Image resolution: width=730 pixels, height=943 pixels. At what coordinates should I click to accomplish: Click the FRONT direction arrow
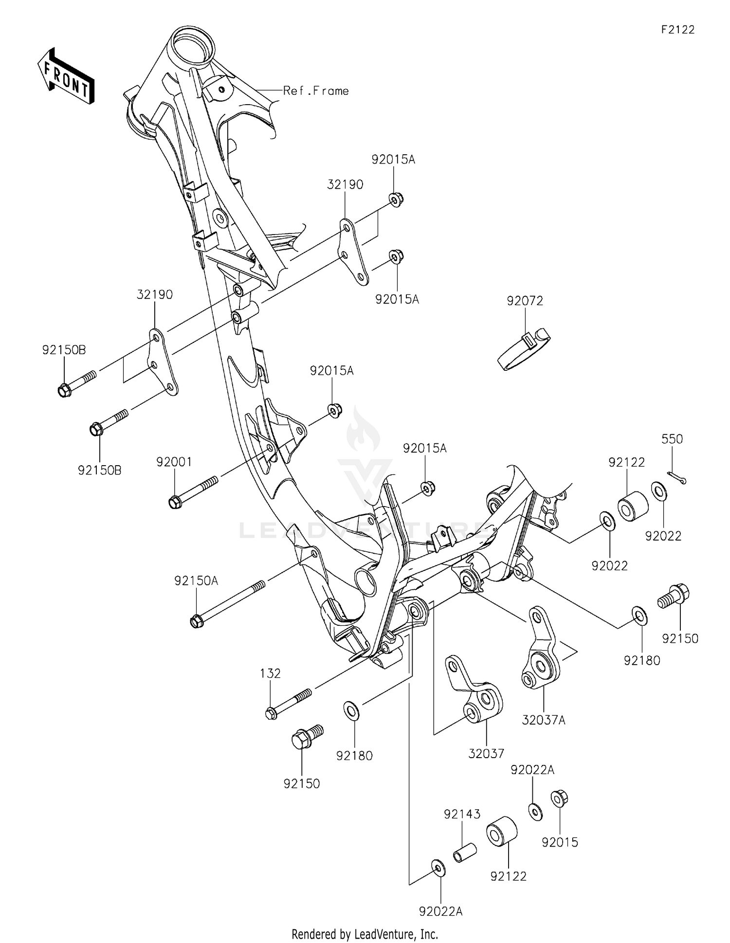click(65, 77)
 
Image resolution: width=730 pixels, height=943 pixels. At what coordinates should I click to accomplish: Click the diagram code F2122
click(677, 30)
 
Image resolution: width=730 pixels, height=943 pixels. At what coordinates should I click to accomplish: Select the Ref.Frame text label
click(316, 91)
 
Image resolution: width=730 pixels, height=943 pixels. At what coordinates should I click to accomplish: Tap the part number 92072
click(525, 301)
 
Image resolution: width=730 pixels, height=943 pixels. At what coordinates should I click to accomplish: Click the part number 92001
click(174, 462)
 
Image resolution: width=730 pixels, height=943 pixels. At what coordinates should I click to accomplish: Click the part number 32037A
click(544, 720)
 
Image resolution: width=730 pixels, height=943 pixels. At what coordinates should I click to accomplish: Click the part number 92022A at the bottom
click(441, 911)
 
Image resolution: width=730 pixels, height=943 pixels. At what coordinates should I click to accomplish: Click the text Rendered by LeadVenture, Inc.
click(365, 934)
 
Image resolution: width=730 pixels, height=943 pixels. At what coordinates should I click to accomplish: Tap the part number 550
click(672, 439)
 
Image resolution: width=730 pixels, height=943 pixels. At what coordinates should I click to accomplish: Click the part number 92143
click(462, 814)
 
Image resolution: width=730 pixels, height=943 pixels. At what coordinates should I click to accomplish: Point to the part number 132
click(270, 673)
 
